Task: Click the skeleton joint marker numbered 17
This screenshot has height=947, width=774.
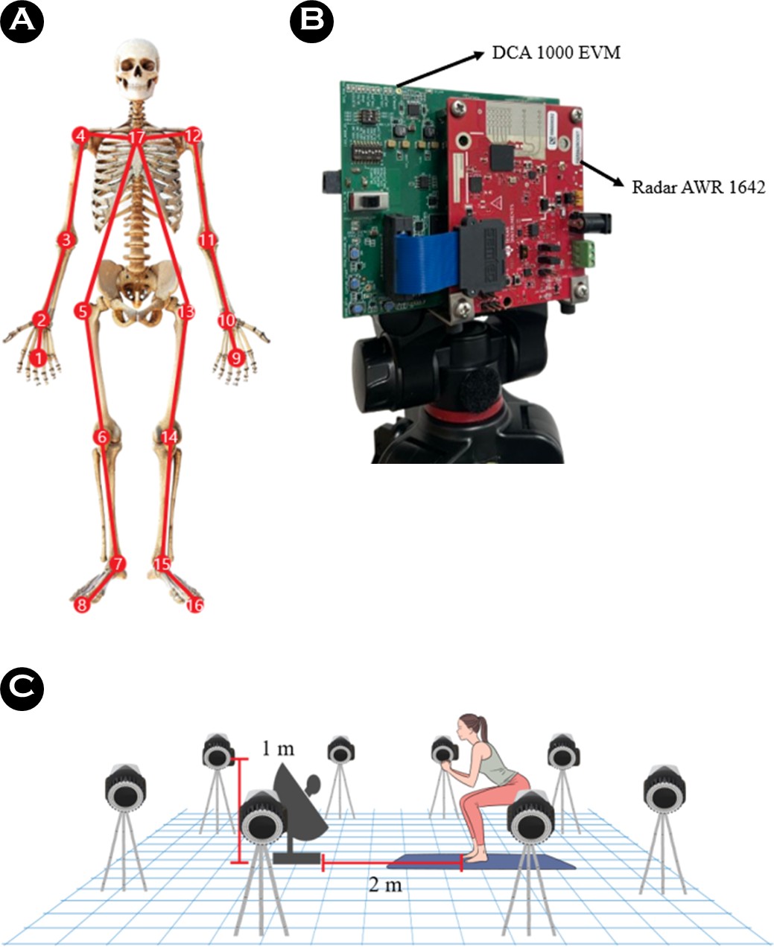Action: (x=137, y=137)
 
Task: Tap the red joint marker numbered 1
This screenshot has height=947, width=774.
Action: (x=39, y=358)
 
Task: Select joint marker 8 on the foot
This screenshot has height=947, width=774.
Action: (x=82, y=605)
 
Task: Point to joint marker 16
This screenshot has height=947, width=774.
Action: (x=195, y=605)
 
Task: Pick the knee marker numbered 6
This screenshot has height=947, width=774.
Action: (x=102, y=437)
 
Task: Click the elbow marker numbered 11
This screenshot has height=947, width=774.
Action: (x=207, y=240)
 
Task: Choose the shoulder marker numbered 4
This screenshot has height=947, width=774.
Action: (x=81, y=135)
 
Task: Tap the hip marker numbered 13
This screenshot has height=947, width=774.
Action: (x=186, y=312)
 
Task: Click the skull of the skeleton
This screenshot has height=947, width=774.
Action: (x=138, y=68)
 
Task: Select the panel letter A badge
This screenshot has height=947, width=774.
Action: (x=22, y=21)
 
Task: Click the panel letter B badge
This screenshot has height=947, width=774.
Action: (x=311, y=21)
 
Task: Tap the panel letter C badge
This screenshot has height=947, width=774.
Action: (x=22, y=689)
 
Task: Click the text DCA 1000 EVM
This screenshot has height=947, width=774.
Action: (x=556, y=53)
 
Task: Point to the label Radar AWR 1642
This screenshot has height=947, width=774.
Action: (x=699, y=188)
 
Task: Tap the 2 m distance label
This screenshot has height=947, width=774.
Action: (x=385, y=884)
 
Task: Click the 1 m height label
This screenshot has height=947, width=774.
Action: (x=278, y=748)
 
